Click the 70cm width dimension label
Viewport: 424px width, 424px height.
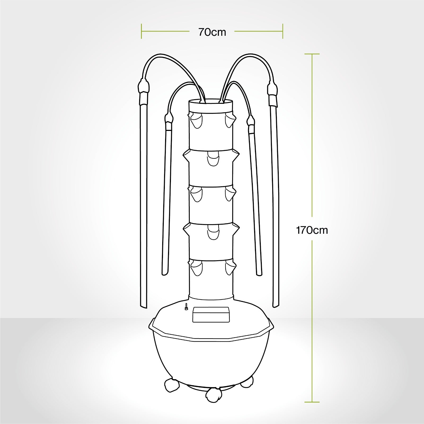point(212,32)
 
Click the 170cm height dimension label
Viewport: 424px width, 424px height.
point(312,230)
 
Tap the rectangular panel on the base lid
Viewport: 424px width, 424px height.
point(211,315)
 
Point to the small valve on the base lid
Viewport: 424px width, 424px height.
point(186,306)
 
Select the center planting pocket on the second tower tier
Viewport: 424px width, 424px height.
point(213,159)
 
